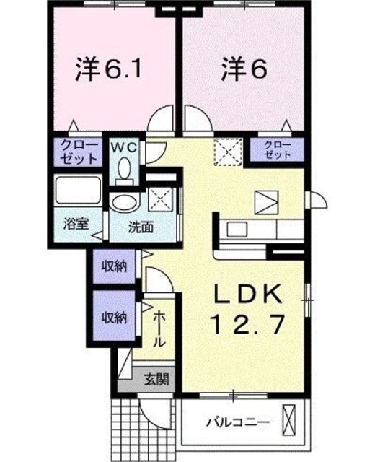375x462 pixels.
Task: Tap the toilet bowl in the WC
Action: coord(124,171)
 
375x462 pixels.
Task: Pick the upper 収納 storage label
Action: coord(113,266)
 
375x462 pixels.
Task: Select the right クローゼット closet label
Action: coord(278,150)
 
